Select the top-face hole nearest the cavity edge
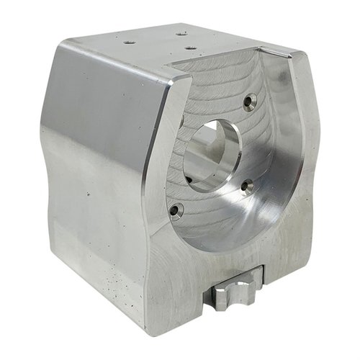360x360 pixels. pyautogui.click(x=190, y=48)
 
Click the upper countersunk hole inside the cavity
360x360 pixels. pyautogui.click(x=249, y=102)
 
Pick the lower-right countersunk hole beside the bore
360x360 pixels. pyautogui.click(x=247, y=187)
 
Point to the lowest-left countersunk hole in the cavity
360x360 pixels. pyautogui.click(x=175, y=210)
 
